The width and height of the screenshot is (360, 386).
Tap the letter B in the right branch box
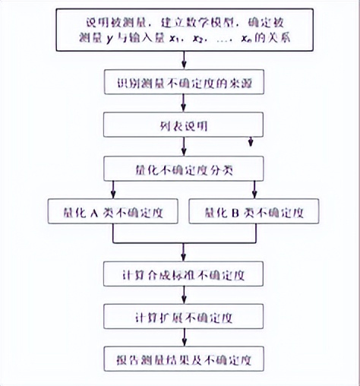click(x=238, y=211)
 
